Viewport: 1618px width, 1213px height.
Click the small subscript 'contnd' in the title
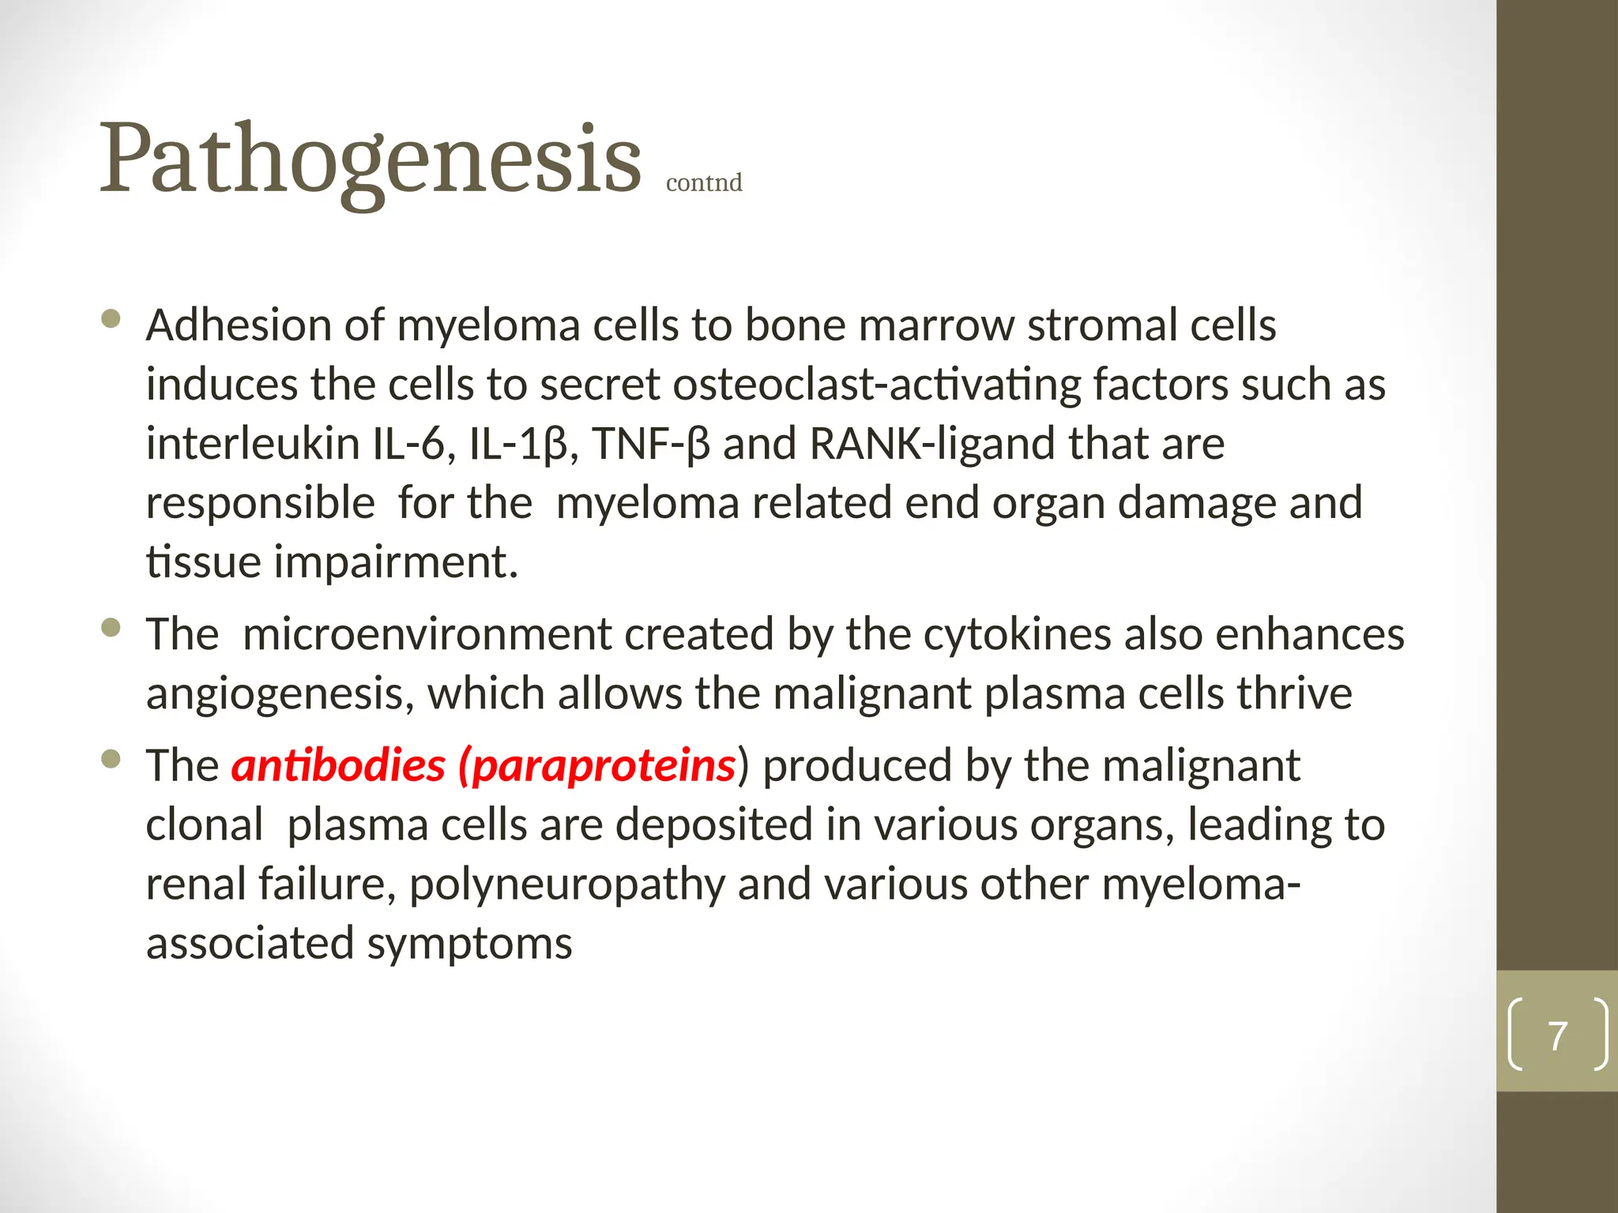pyautogui.click(x=704, y=182)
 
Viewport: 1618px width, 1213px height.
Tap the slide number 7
pyautogui.click(x=1557, y=1035)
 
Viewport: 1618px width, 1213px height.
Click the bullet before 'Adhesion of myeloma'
pyautogui.click(x=111, y=319)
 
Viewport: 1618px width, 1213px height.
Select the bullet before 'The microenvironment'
pyautogui.click(x=111, y=628)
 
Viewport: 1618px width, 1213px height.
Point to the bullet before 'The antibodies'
pyautogui.click(x=111, y=759)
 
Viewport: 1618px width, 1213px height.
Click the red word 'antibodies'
pyautogui.click(x=338, y=765)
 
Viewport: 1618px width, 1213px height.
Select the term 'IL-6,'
pyautogui.click(x=414, y=444)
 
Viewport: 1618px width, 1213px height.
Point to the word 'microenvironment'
pyautogui.click(x=427, y=635)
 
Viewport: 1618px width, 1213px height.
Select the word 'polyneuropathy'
pyautogui.click(x=566, y=884)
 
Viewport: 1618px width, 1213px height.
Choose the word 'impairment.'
pyautogui.click(x=396, y=562)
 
